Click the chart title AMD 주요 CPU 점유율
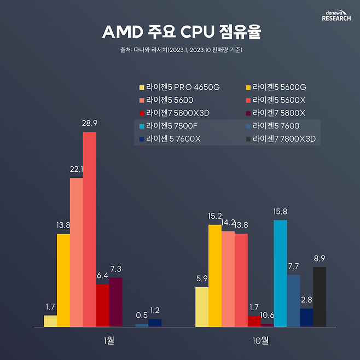pyautogui.click(x=181, y=32)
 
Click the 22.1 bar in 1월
pyautogui.click(x=76, y=252)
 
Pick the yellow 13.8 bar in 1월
pyautogui.click(x=63, y=280)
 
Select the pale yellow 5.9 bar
pyautogui.click(x=201, y=306)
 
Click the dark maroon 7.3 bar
pyautogui.click(x=115, y=301)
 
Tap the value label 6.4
pyautogui.click(x=102, y=276)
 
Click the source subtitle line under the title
pyautogui.click(x=181, y=50)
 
